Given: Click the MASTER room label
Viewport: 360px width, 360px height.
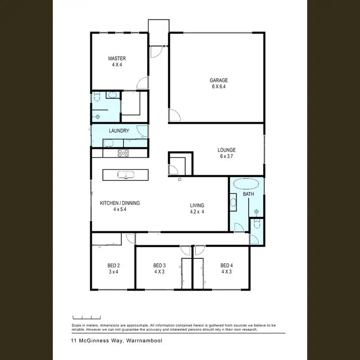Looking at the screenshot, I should (x=117, y=59).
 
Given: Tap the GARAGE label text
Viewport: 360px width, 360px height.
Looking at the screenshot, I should (x=218, y=80).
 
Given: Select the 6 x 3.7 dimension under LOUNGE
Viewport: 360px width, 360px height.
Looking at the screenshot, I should (x=227, y=156).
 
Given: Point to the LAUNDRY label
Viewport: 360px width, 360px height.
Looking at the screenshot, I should (x=119, y=131).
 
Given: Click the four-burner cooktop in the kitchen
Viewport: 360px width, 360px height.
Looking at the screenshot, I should (x=123, y=154).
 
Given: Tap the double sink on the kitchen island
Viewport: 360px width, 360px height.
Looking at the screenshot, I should (x=125, y=174).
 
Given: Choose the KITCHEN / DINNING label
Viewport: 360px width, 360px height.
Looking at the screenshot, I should (x=120, y=203).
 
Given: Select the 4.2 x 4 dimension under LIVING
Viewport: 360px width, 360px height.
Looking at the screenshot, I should (x=197, y=212).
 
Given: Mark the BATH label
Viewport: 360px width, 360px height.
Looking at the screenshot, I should (x=248, y=194).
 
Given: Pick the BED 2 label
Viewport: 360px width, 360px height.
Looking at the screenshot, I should (x=113, y=265).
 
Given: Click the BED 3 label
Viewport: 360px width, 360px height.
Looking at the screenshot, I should (x=159, y=265).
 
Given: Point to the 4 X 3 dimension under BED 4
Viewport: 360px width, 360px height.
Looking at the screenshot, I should (x=226, y=272).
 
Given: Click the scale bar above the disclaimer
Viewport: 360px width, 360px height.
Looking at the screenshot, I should (x=86, y=317).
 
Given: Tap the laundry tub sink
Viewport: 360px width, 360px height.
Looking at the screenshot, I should (x=108, y=143).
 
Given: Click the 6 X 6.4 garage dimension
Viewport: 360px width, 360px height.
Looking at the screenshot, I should (x=218, y=87).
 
